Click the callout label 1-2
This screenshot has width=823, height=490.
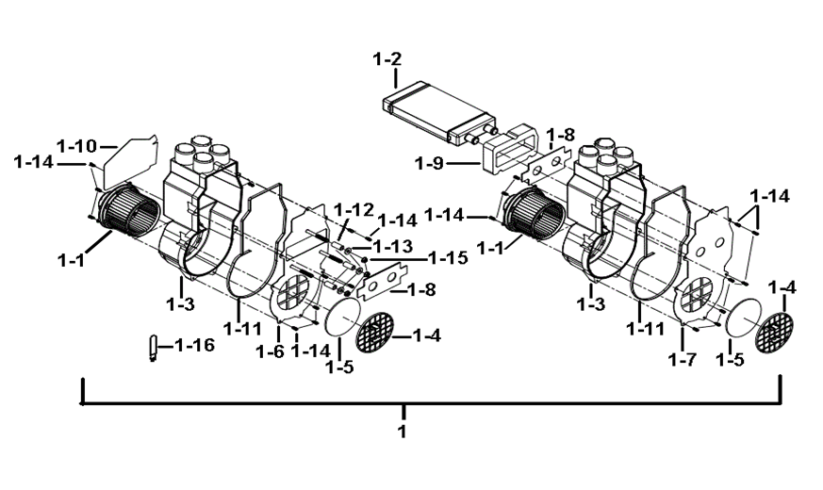coord(387,59)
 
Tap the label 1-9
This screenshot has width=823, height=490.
coord(429,164)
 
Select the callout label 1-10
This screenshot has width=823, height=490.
coord(76,145)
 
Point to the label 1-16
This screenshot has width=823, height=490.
coord(194,345)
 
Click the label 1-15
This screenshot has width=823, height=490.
coord(448,258)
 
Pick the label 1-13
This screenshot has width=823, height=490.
coord(392,246)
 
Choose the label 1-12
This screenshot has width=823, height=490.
coord(354,210)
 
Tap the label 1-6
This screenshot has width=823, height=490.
coord(270,351)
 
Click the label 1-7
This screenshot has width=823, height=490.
coord(683,359)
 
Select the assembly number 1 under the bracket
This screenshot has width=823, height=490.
coord(403,432)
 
